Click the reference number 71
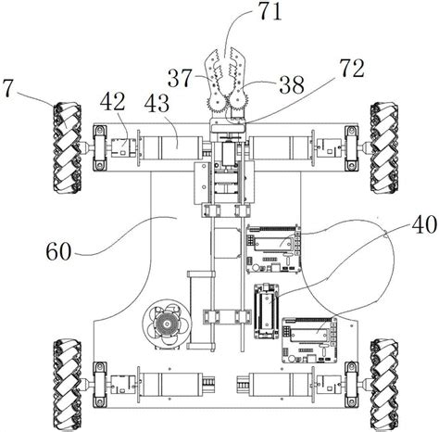pyautogui.click(x=270, y=12)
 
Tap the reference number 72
pyautogui.click(x=352, y=69)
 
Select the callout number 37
pyautogui.click(x=180, y=79)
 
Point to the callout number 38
pyautogui.click(x=292, y=84)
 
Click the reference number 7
pyautogui.click(x=7, y=89)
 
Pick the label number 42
pyautogui.click(x=112, y=101)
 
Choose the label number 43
pyautogui.click(x=157, y=103)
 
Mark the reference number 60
pyautogui.click(x=58, y=251)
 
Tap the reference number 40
pyautogui.click(x=424, y=224)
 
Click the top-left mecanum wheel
pyautogui.click(x=68, y=148)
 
